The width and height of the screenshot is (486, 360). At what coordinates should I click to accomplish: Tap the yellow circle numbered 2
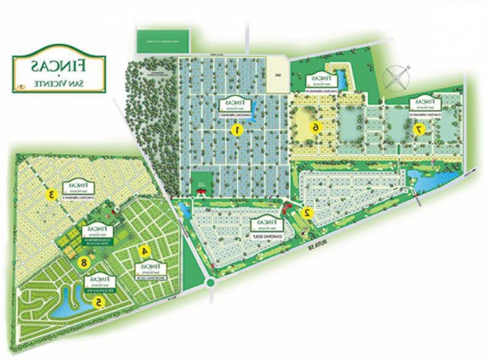pos(307,212)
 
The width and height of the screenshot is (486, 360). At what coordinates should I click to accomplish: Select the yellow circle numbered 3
pos(51,194)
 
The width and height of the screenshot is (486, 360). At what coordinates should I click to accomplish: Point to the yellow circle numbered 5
pos(98,302)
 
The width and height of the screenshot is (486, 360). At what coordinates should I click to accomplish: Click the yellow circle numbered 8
pos(84,262)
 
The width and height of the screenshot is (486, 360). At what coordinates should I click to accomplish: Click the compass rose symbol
pos(396,78)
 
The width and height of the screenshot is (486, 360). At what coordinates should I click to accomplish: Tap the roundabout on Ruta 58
pos(211,282)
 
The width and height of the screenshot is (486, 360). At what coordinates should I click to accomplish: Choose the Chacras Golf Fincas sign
pos(266,225)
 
